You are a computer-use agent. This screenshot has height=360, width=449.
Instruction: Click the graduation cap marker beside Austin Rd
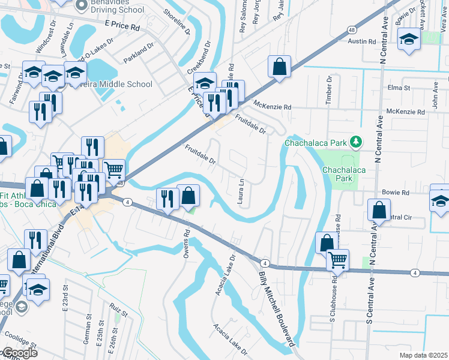tap(409, 39)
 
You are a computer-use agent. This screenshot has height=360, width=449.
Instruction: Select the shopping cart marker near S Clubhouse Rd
tap(338, 260)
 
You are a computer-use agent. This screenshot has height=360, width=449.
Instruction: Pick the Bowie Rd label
tap(396, 193)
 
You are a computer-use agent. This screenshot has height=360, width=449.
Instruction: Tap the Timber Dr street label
tap(329, 91)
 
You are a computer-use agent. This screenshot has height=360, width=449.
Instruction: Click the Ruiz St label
tap(120, 312)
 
